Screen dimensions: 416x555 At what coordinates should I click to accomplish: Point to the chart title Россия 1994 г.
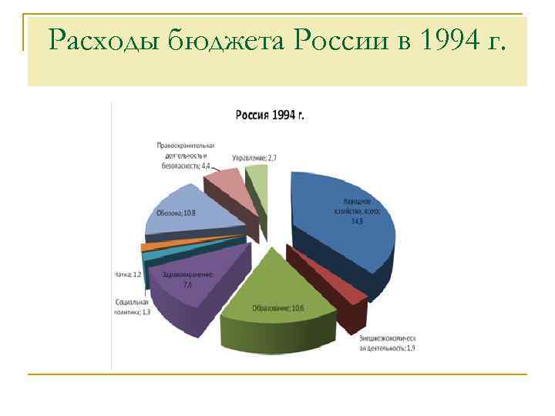pos(269,115)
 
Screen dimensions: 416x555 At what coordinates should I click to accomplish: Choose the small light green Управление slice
pos(259,179)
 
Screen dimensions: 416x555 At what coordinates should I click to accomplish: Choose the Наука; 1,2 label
pos(127,274)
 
